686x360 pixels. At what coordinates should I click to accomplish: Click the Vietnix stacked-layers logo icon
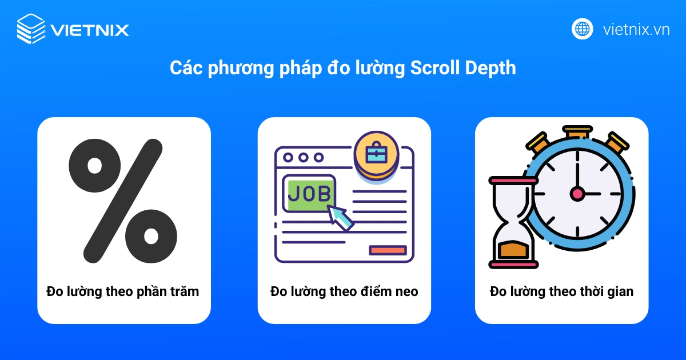(x=31, y=29)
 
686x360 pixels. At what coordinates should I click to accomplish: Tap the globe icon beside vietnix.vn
(x=582, y=29)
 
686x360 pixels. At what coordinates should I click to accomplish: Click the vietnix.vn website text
(x=636, y=29)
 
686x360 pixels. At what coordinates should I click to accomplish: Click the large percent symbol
(x=123, y=200)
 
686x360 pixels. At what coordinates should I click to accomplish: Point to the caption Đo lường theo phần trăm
(x=123, y=291)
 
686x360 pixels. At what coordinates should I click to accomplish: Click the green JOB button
(x=309, y=193)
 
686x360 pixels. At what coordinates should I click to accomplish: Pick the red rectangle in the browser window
(x=388, y=250)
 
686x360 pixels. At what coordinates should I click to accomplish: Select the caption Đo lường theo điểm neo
(x=344, y=291)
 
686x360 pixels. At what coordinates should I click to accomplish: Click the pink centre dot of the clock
(x=577, y=194)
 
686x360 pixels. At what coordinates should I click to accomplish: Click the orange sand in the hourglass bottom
(x=513, y=249)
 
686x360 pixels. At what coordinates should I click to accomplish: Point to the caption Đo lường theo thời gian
(x=561, y=291)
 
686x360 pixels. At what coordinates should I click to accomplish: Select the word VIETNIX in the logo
(x=90, y=29)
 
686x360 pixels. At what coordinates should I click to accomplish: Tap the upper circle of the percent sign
(x=94, y=166)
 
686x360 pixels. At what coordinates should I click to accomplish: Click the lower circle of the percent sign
(x=151, y=234)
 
